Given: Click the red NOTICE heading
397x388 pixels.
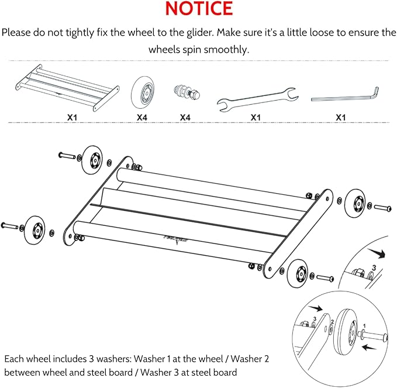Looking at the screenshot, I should pyautogui.click(x=198, y=9).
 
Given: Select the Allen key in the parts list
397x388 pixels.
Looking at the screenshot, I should pyautogui.click(x=345, y=95).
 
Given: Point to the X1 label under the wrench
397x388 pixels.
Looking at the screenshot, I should pyautogui.click(x=256, y=117).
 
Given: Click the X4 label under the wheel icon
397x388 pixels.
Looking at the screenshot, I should pyautogui.click(x=142, y=117).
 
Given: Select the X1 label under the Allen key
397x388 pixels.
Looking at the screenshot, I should pyautogui.click(x=341, y=117).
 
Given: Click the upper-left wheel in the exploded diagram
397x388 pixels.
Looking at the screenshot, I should pyautogui.click(x=92, y=159).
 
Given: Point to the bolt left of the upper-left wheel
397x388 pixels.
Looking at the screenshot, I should pyautogui.click(x=67, y=156).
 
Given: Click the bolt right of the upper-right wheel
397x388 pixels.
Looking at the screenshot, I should pyautogui.click(x=382, y=208).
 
